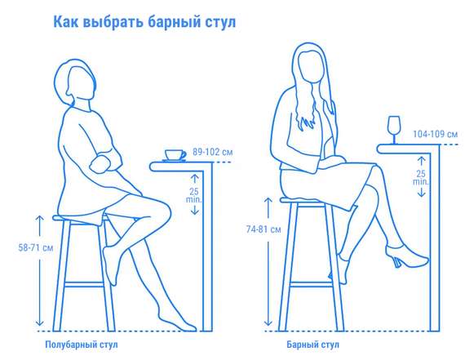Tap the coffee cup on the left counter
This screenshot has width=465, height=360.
tap(174, 154)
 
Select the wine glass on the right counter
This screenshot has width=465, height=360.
tap(393, 127)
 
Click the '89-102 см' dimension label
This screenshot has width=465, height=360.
tap(212, 152)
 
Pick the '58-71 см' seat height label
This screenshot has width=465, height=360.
tap(20, 245)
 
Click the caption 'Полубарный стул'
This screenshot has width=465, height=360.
tap(81, 344)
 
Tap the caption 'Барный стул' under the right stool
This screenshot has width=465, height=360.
tap(310, 344)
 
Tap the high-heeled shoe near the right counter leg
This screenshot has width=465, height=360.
tap(409, 260)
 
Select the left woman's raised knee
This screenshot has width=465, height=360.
tap(162, 207)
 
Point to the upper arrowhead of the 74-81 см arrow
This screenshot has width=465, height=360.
tap(266, 199)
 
